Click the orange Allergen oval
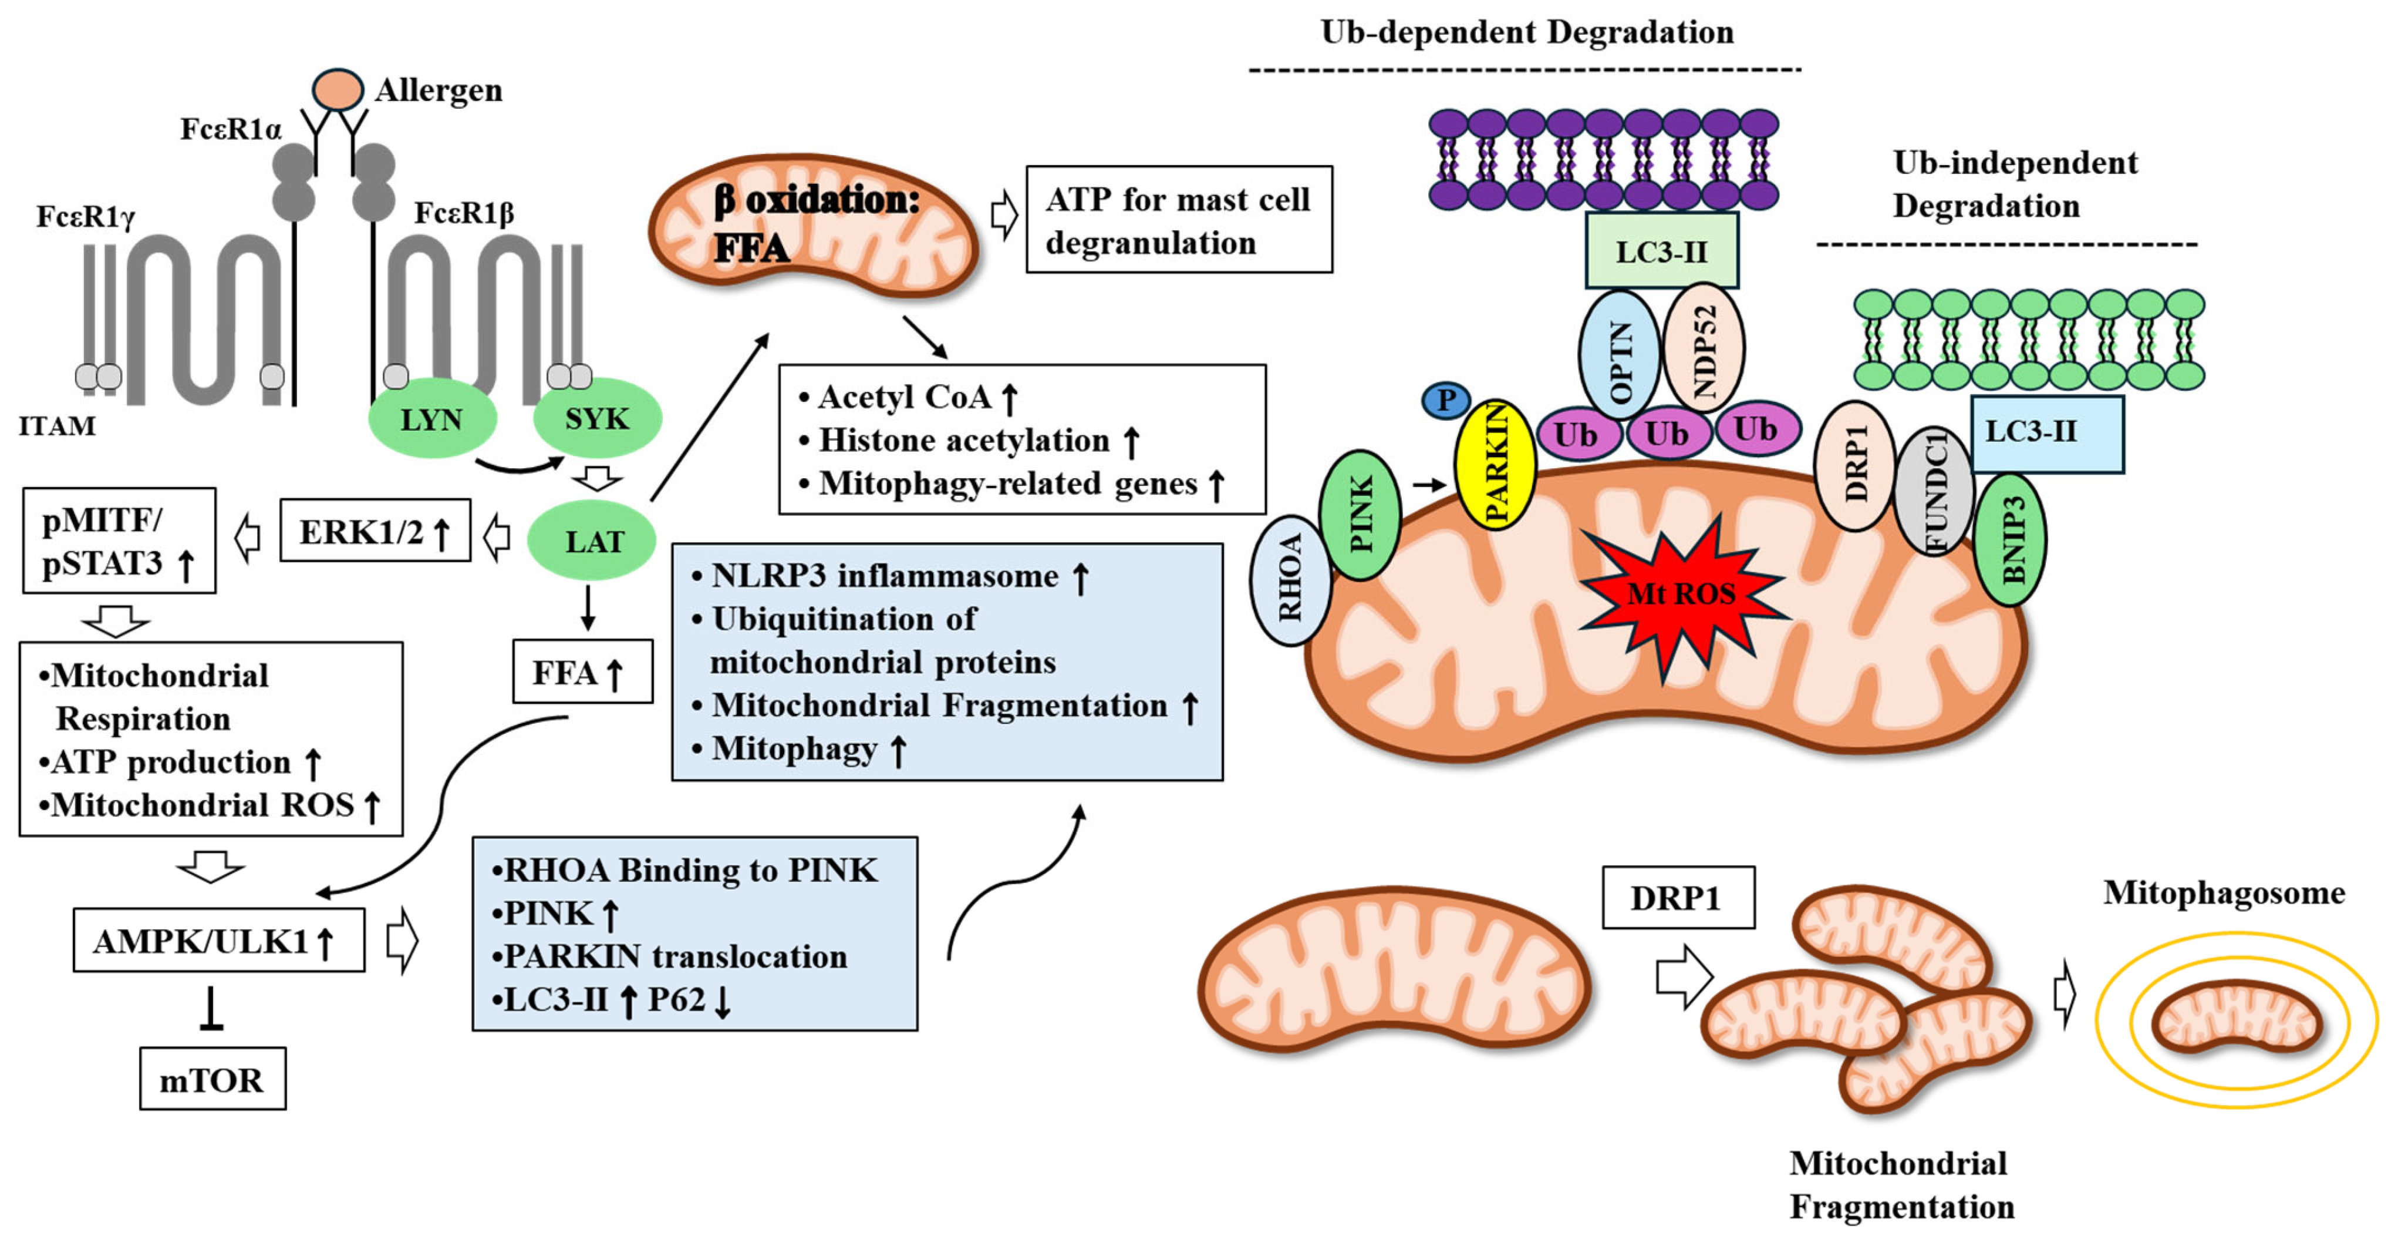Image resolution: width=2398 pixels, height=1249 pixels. [x=337, y=89]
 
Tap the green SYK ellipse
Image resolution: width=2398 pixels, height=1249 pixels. [x=596, y=418]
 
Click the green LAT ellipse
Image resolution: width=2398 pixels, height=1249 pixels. [x=592, y=540]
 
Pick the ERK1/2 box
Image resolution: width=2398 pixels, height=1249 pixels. [x=375, y=531]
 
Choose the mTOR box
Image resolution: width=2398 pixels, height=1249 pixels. [x=213, y=1079]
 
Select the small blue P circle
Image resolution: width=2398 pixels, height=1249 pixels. [x=1446, y=401]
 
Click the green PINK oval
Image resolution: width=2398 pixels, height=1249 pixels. [x=1360, y=514]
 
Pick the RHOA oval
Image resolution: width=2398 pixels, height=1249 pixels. [x=1290, y=579]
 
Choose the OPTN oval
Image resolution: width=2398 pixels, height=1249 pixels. [x=1620, y=354]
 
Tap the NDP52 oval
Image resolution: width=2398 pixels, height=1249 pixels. [x=1704, y=347]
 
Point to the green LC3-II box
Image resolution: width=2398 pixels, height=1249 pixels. [x=1662, y=250]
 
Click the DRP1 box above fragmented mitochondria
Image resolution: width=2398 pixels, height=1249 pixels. [x=1678, y=897]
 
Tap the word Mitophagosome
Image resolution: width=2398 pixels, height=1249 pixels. [x=2223, y=892]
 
